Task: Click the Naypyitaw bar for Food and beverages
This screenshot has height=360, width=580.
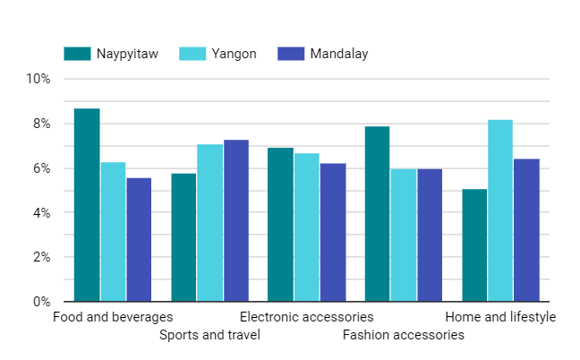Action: click(x=87, y=205)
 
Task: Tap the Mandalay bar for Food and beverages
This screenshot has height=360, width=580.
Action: click(x=139, y=240)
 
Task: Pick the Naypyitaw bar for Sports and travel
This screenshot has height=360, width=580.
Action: click(x=183, y=237)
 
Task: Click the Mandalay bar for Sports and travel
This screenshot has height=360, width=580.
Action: click(x=236, y=221)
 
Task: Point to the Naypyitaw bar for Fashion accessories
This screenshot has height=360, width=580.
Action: click(x=378, y=214)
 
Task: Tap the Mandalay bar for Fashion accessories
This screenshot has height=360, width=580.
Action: click(x=430, y=236)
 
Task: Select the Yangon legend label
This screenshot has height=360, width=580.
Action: click(x=235, y=54)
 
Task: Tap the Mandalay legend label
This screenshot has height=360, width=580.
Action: click(x=339, y=54)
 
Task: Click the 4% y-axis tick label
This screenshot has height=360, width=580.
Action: click(x=40, y=213)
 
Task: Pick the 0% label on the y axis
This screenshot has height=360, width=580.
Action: click(x=40, y=302)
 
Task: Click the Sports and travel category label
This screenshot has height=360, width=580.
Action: click(x=210, y=335)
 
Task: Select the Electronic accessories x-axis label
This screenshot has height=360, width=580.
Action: click(x=306, y=317)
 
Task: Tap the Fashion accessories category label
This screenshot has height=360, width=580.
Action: click(x=404, y=335)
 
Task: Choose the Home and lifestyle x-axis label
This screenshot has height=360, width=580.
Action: click(x=500, y=317)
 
